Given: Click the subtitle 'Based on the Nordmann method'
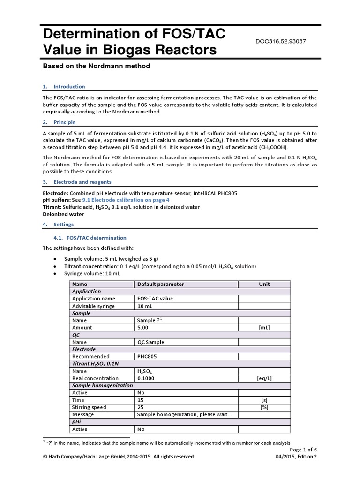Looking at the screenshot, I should (96, 66).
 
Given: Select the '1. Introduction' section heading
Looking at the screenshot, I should (64, 87).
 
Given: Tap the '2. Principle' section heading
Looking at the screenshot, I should (59, 122).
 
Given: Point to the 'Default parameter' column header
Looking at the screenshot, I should (160, 284).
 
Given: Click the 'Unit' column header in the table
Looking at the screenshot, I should (264, 284).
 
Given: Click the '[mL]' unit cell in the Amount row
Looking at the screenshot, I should (264, 328).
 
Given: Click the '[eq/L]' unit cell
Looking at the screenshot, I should (264, 378).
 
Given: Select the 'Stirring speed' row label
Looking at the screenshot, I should (86, 407).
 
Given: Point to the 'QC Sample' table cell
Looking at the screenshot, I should (150, 342).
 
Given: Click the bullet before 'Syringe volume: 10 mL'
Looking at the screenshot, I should (56, 273).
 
